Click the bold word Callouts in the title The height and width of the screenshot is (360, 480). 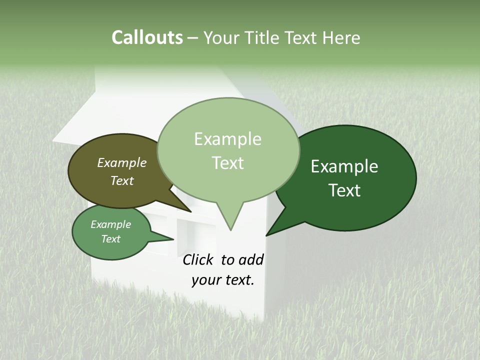pyautogui.click(x=147, y=37)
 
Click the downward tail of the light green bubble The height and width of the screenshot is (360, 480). pyautogui.click(x=230, y=220)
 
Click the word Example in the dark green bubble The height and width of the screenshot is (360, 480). pyautogui.click(x=344, y=166)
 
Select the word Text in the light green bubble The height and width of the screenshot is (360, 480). pyautogui.click(x=228, y=163)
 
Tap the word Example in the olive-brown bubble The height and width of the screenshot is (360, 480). pyautogui.click(x=122, y=162)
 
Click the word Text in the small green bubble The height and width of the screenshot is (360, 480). pyautogui.click(x=111, y=239)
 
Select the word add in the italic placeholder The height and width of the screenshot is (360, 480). pyautogui.click(x=251, y=259)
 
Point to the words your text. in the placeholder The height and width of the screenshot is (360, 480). pyautogui.click(x=223, y=280)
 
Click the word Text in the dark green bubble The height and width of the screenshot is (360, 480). pyautogui.click(x=344, y=190)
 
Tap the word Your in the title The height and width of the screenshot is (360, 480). pyautogui.click(x=221, y=37)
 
